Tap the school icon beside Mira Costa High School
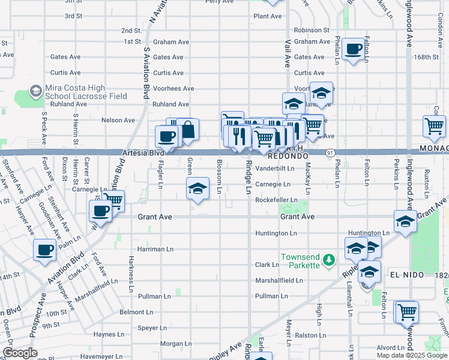[36, 91]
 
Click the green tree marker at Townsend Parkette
[328, 260]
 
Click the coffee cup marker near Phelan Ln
[354, 49]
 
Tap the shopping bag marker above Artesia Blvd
[187, 130]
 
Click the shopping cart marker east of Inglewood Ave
[434, 126]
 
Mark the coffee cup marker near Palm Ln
[45, 250]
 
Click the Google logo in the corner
[20, 353]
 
